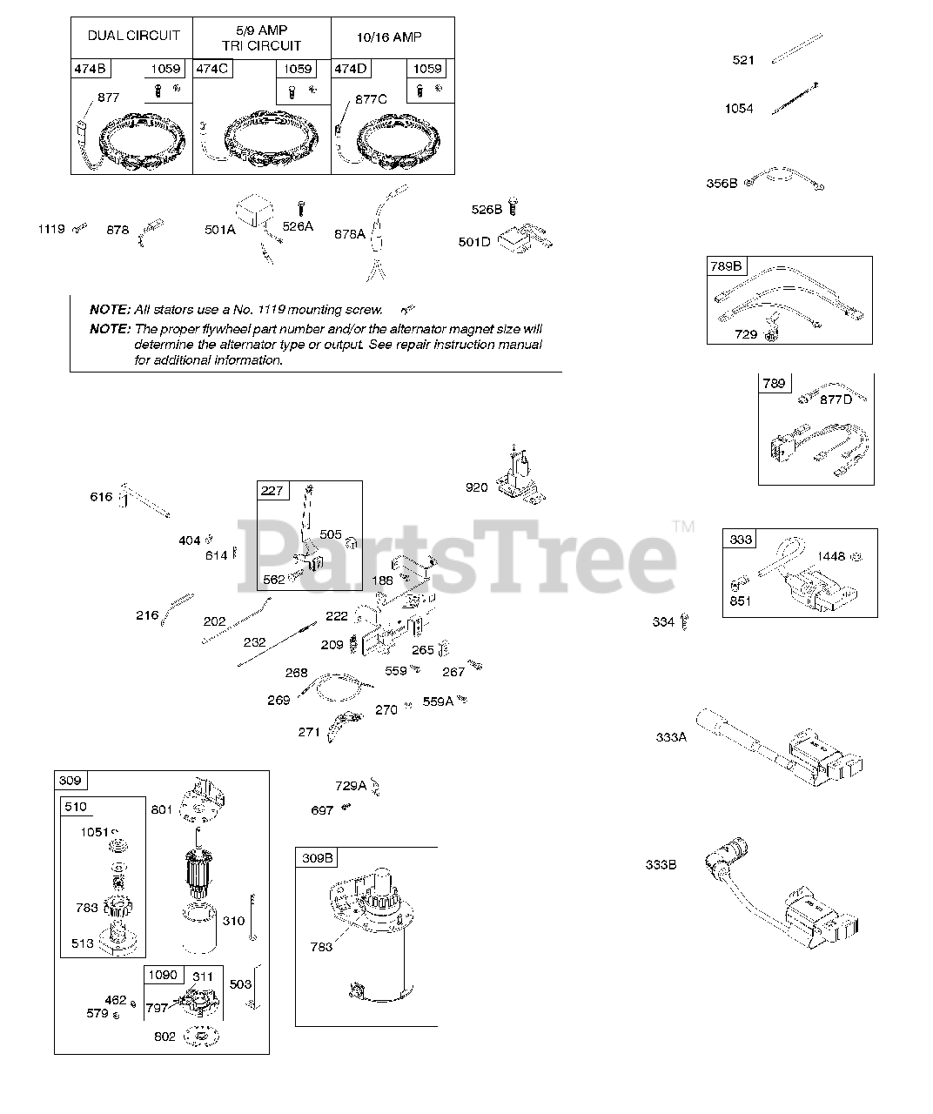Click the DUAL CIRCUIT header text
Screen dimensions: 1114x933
(x=134, y=36)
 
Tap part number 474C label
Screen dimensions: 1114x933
(x=211, y=69)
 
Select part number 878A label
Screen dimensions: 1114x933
(x=350, y=233)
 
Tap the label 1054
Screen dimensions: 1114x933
(x=739, y=109)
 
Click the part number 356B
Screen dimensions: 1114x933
(x=722, y=184)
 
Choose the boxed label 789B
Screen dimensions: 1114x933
(x=726, y=266)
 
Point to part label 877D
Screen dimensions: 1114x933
(x=836, y=399)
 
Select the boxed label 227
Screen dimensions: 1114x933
(x=272, y=491)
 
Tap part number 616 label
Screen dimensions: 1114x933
(x=102, y=497)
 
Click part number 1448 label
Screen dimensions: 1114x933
(x=831, y=556)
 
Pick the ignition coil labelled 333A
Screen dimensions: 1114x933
(x=783, y=748)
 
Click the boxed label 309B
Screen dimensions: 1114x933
(x=317, y=858)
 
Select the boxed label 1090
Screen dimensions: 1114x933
(x=163, y=976)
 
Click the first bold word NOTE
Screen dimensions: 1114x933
(x=110, y=310)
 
